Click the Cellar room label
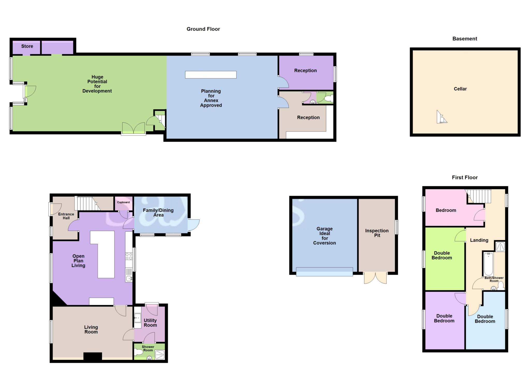point(460,89)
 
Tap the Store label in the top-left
point(27,46)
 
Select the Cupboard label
point(123,202)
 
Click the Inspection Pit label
point(377,233)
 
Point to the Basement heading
point(465,39)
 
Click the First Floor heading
point(465,178)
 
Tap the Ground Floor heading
point(203,29)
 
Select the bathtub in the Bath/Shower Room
point(488,264)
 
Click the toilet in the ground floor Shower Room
point(139,352)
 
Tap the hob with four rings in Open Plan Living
point(129,256)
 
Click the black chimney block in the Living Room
point(93,356)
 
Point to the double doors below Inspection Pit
point(375,278)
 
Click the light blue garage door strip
point(324,272)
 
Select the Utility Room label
point(150,323)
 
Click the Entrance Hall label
point(66,216)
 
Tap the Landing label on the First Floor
point(479,240)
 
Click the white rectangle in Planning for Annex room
point(211,75)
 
